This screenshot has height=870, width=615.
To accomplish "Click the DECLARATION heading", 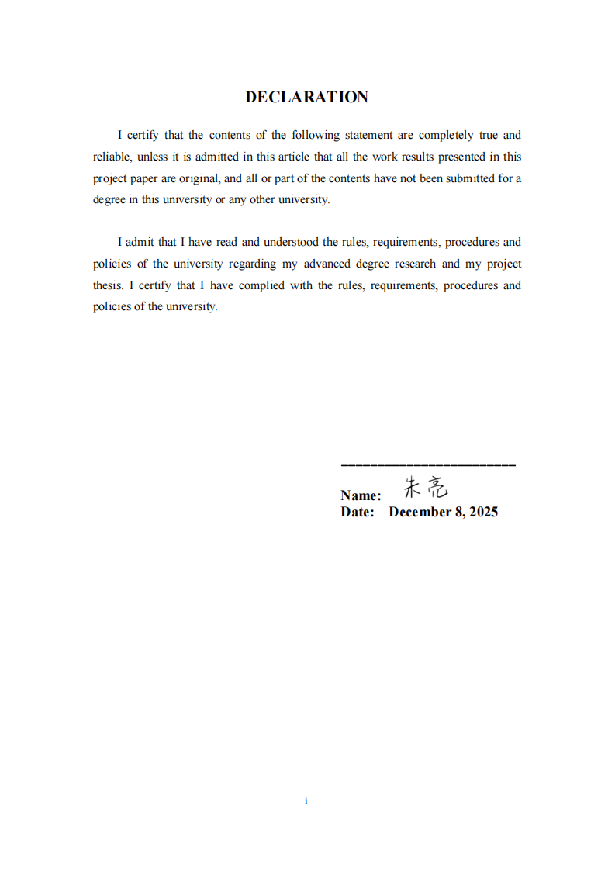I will pyautogui.click(x=306, y=97).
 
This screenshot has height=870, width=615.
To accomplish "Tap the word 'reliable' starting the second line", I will pyautogui.click(x=112, y=157).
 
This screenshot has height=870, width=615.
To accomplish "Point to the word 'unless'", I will pyautogui.click(x=152, y=157).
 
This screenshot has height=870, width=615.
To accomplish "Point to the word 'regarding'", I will pyautogui.click(x=252, y=264).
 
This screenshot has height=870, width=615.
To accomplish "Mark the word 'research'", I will pyautogui.click(x=415, y=264).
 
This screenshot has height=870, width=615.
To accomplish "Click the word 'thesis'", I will pyautogui.click(x=108, y=285).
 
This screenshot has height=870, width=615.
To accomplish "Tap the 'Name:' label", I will pyautogui.click(x=361, y=495).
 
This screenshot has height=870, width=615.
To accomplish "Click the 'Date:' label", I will pyautogui.click(x=358, y=512).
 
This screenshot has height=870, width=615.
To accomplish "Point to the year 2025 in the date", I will pyautogui.click(x=482, y=512).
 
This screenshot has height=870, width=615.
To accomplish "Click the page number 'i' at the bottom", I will pyautogui.click(x=307, y=801).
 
